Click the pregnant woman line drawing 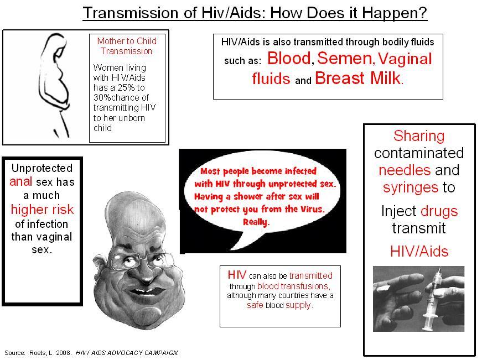[x=55, y=85]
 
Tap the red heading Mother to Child [x=127, y=41]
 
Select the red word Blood [x=289, y=58]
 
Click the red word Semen [x=345, y=58]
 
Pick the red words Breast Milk [x=357, y=78]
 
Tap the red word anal [x=20, y=181]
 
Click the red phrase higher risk [x=43, y=210]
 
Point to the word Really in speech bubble [x=255, y=222]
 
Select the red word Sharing [x=419, y=136]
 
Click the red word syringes [x=411, y=187]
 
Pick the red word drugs [x=439, y=211]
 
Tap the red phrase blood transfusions [x=293, y=286]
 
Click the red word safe [x=255, y=305]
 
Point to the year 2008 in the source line [x=64, y=353]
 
